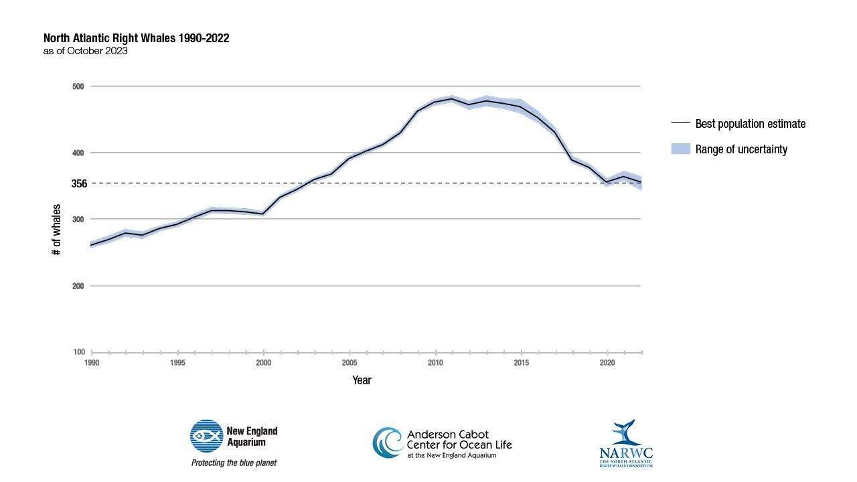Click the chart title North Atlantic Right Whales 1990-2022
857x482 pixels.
[136, 38]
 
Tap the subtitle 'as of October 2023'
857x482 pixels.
[85, 51]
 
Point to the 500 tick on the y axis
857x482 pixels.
[78, 86]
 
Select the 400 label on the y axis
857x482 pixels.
[78, 153]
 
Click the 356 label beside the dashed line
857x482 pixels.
[79, 183]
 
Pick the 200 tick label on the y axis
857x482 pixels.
[78, 286]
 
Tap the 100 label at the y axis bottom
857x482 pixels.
[78, 352]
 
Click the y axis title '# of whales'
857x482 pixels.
[57, 230]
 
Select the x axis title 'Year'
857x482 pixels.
[362, 380]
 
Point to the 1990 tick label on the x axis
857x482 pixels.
[92, 363]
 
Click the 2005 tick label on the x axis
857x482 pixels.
[349, 363]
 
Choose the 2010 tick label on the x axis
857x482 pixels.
[435, 363]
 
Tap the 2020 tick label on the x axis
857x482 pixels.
[607, 363]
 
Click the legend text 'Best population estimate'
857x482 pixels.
[750, 124]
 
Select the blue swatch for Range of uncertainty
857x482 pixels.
[680, 149]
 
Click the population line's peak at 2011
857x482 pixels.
[452, 98]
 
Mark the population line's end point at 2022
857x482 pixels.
[641, 183]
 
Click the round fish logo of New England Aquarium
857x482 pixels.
[206, 436]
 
